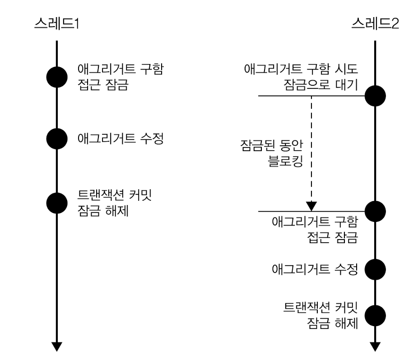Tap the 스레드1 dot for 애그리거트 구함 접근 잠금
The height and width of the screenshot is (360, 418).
pyautogui.click(x=57, y=77)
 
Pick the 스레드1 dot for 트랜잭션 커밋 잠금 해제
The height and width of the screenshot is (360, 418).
pyautogui.click(x=57, y=203)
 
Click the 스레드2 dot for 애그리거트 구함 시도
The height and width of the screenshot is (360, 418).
pyautogui.click(x=375, y=96)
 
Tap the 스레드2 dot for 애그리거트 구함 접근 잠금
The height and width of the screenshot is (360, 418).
pyautogui.click(x=375, y=211)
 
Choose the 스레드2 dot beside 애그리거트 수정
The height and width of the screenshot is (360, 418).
pyautogui.click(x=375, y=270)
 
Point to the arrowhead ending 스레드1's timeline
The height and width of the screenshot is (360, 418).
pyautogui.click(x=57, y=346)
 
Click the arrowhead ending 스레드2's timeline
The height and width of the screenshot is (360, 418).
pyautogui.click(x=375, y=346)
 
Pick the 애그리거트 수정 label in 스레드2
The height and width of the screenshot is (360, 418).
pyautogui.click(x=315, y=270)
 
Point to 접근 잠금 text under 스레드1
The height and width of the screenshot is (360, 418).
pyautogui.click(x=103, y=85)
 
